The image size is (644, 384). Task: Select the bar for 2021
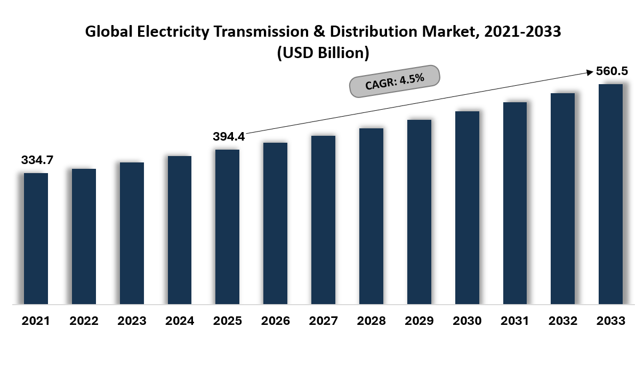pyautogui.click(x=36, y=239)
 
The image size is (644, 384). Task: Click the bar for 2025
pyautogui.click(x=228, y=226)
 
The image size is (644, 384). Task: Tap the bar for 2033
pyautogui.click(x=610, y=194)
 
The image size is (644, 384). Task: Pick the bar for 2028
pyautogui.click(x=371, y=216)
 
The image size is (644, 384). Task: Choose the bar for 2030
pyautogui.click(x=467, y=208)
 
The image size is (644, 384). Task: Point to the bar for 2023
pyautogui.click(x=132, y=233)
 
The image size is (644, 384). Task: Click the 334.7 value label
pyautogui.click(x=37, y=160)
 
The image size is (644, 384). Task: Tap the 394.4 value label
pyautogui.click(x=229, y=136)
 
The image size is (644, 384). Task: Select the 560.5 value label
pyautogui.click(x=612, y=71)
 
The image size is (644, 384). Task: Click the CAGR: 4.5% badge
pyautogui.click(x=395, y=81)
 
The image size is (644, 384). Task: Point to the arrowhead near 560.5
pyautogui.click(x=591, y=72)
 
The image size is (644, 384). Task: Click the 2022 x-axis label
pyautogui.click(x=84, y=321)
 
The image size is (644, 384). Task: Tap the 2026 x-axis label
pyautogui.click(x=276, y=321)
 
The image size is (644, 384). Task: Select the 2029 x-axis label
pyautogui.click(x=419, y=321)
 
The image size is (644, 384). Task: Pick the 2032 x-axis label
pyautogui.click(x=563, y=321)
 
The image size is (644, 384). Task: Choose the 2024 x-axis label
pyautogui.click(x=180, y=321)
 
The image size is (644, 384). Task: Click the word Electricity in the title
pyautogui.click(x=173, y=32)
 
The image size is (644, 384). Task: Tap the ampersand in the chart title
pyautogui.click(x=319, y=31)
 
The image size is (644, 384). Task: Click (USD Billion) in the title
pyautogui.click(x=323, y=53)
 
